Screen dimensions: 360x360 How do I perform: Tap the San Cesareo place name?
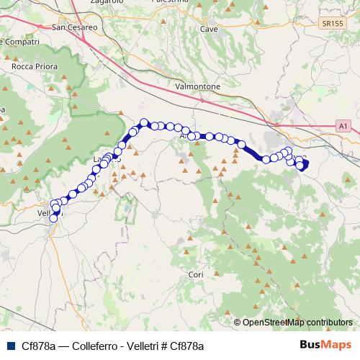pyautogui.click(x=75, y=28)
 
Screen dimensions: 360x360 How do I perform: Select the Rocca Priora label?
pyautogui.click(x=30, y=66)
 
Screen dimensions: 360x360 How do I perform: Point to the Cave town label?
pyautogui.click(x=209, y=30)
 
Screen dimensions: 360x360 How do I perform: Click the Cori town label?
pyautogui.click(x=196, y=275)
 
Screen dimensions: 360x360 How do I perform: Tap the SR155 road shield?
pyautogui.click(x=333, y=24)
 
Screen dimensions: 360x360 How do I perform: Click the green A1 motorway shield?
pyautogui.click(x=343, y=126)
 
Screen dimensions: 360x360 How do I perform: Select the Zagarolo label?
pyautogui.click(x=86, y=2)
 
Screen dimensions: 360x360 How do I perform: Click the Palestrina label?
pyautogui.click(x=175, y=2)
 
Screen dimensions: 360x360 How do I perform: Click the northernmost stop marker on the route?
pyautogui.click(x=144, y=122)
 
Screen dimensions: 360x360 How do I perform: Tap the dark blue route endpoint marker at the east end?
pyautogui.click(x=303, y=165)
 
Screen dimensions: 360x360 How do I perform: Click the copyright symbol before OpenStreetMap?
pyautogui.click(x=238, y=323)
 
